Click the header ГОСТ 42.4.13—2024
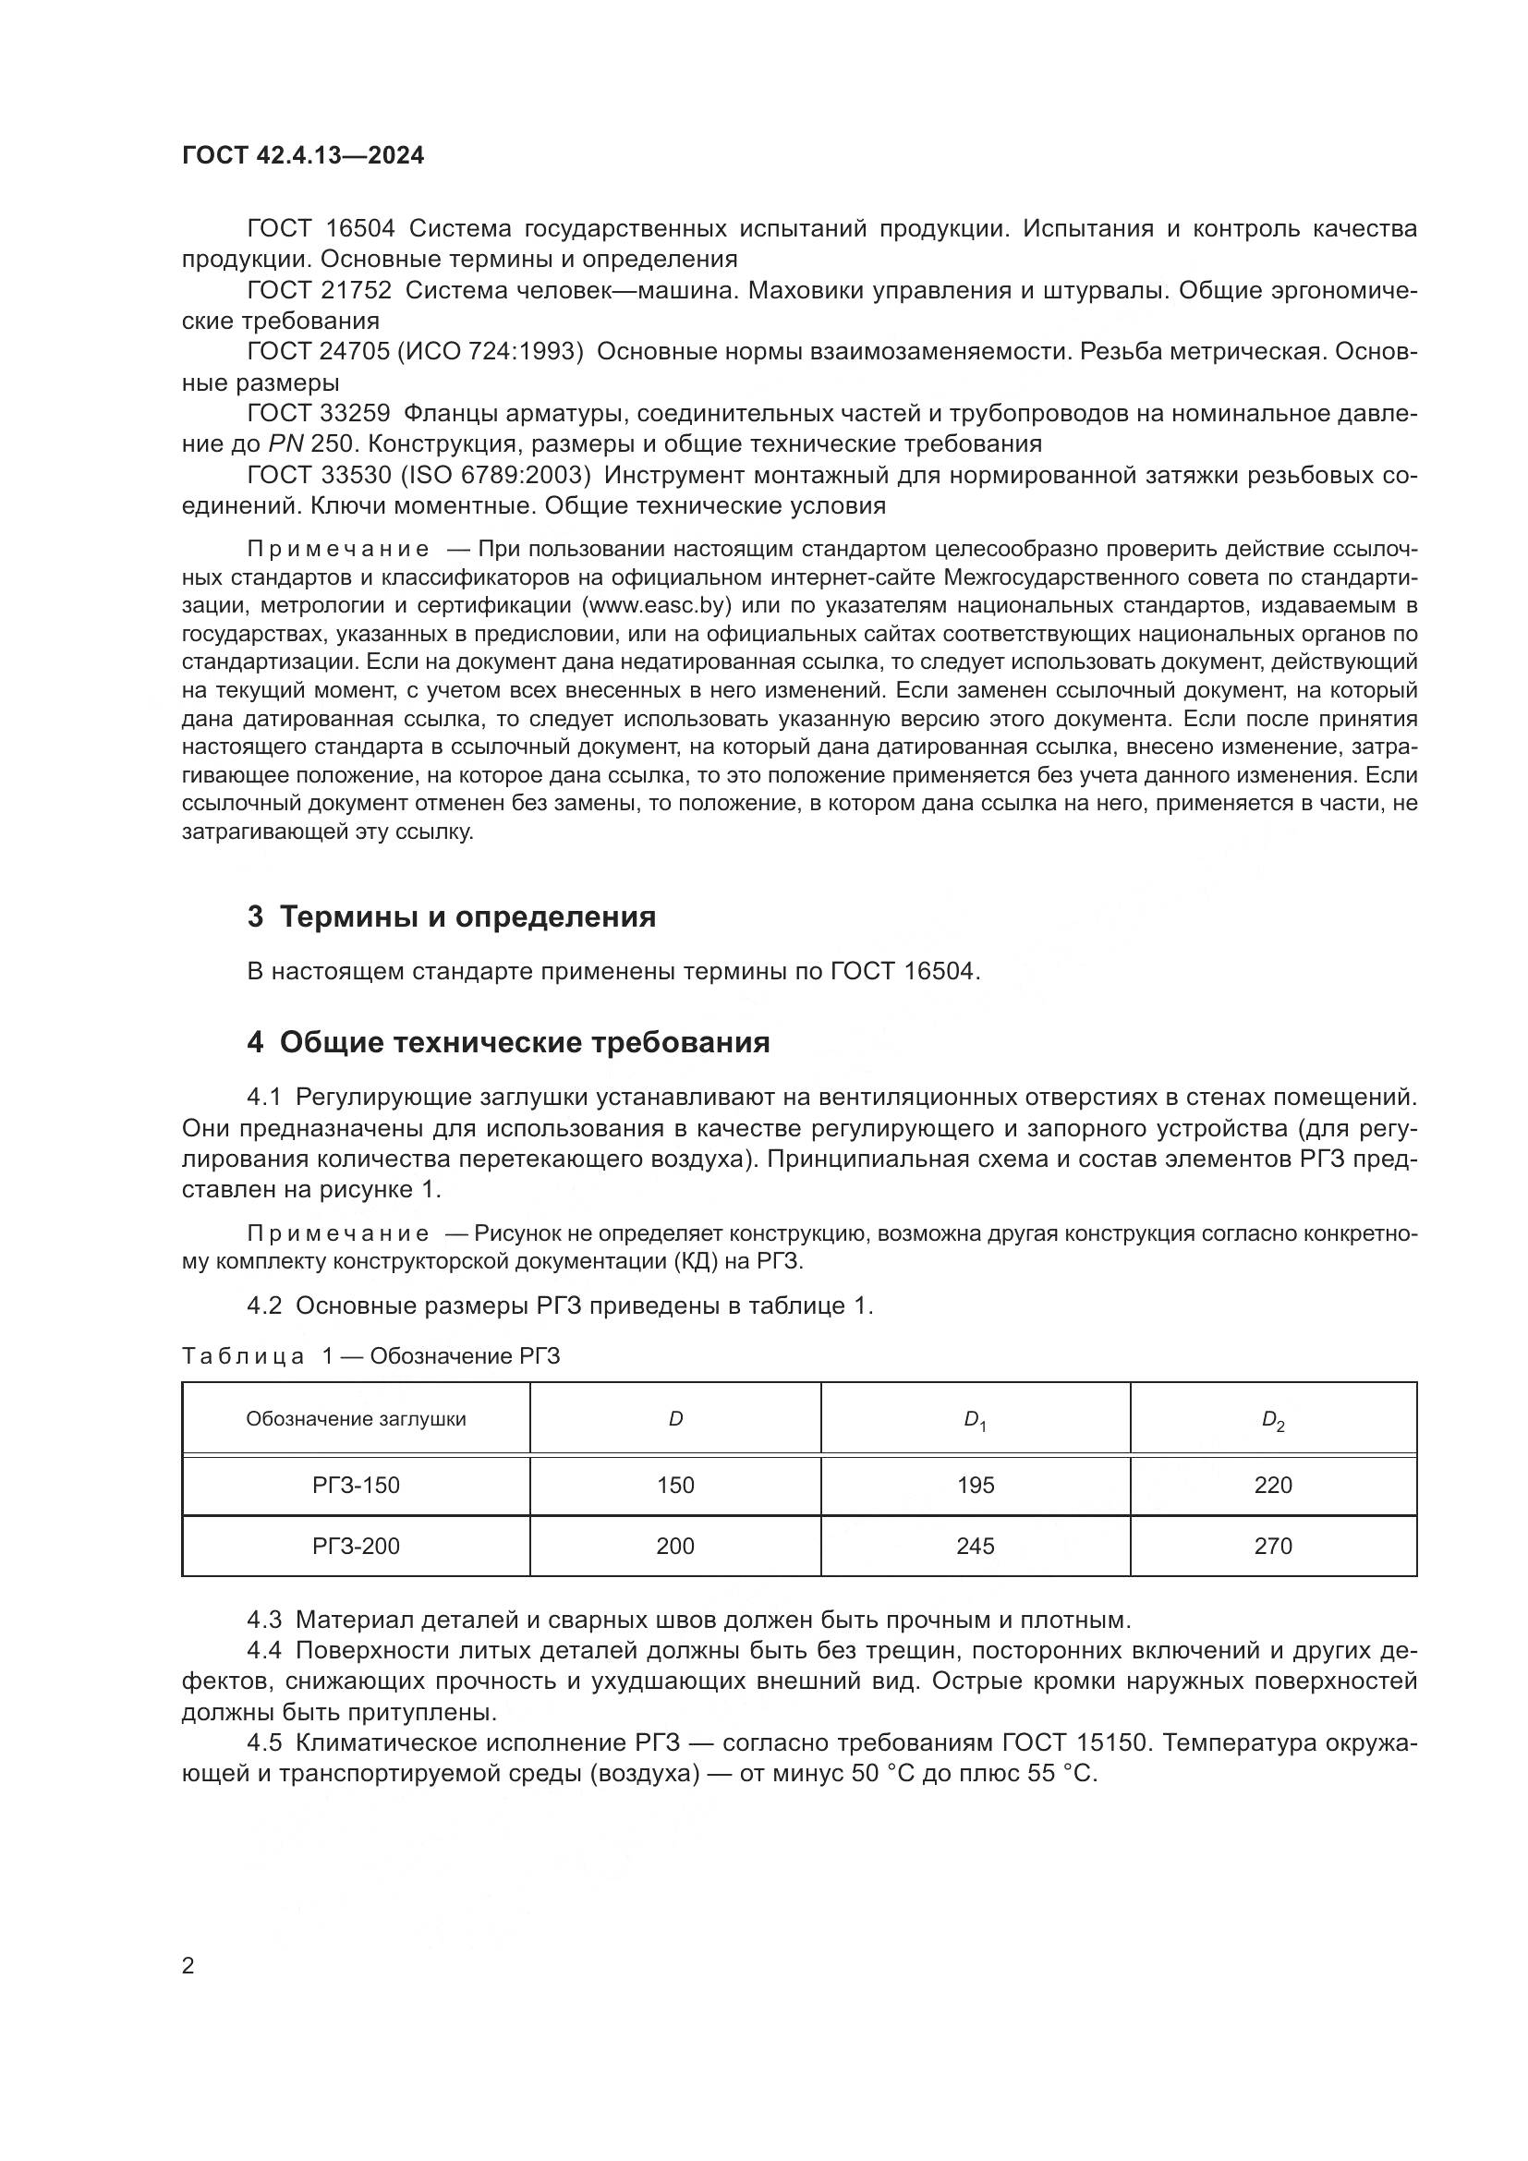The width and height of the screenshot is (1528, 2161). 303,155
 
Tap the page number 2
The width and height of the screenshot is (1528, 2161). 188,1965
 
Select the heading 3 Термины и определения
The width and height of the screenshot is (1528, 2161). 452,917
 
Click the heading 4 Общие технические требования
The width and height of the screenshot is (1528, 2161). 508,1042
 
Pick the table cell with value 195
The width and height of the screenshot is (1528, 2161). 975,1486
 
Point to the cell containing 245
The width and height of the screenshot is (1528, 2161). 975,1547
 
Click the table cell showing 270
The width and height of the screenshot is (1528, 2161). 1273,1547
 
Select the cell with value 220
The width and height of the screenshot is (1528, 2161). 1273,1486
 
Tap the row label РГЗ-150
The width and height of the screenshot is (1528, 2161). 356,1486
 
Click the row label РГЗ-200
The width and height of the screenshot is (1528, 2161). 356,1547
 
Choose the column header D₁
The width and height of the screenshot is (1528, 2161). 975,1420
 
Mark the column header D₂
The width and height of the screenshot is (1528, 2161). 1273,1420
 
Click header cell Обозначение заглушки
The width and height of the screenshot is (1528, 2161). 356,1419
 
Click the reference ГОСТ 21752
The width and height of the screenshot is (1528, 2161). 319,291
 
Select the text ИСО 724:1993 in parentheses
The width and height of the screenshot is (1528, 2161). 491,352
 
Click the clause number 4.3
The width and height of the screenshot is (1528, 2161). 264,1620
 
